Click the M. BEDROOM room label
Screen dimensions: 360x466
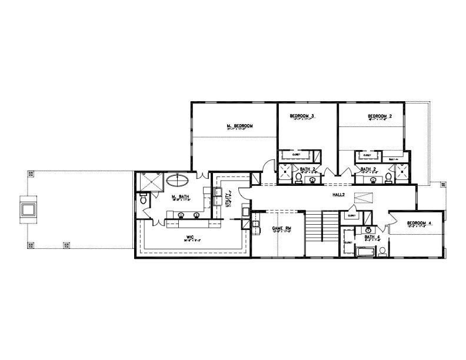pos(239,126)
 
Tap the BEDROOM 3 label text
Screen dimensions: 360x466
pos(302,116)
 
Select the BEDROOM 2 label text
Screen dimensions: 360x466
pos(380,116)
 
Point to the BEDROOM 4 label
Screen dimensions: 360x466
pos(419,224)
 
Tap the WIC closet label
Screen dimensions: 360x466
pos(189,238)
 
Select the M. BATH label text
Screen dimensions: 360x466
pos(178,196)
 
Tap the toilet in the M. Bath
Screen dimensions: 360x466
pos(143,200)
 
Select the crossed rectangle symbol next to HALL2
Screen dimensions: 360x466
pos(364,198)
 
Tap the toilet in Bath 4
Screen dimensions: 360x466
pos(382,251)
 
